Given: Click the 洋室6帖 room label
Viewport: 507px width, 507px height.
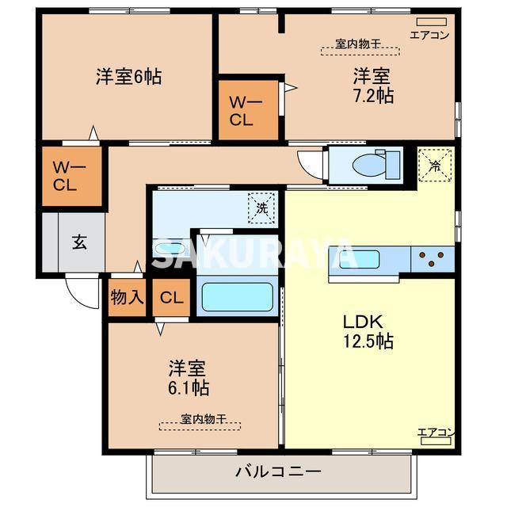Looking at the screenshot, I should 129,77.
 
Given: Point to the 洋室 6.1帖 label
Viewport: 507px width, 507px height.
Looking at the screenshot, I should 188,378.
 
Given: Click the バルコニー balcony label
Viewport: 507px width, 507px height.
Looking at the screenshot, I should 279,471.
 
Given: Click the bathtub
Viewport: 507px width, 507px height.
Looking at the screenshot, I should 237,297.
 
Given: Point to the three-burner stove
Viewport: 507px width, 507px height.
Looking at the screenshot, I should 433,257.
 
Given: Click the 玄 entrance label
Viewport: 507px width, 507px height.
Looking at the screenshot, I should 80,242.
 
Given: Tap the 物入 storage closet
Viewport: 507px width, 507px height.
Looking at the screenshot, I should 128,298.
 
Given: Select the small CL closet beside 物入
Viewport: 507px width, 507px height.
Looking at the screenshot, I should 170,298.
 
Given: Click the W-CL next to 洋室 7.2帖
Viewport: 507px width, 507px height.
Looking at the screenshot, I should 241,110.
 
